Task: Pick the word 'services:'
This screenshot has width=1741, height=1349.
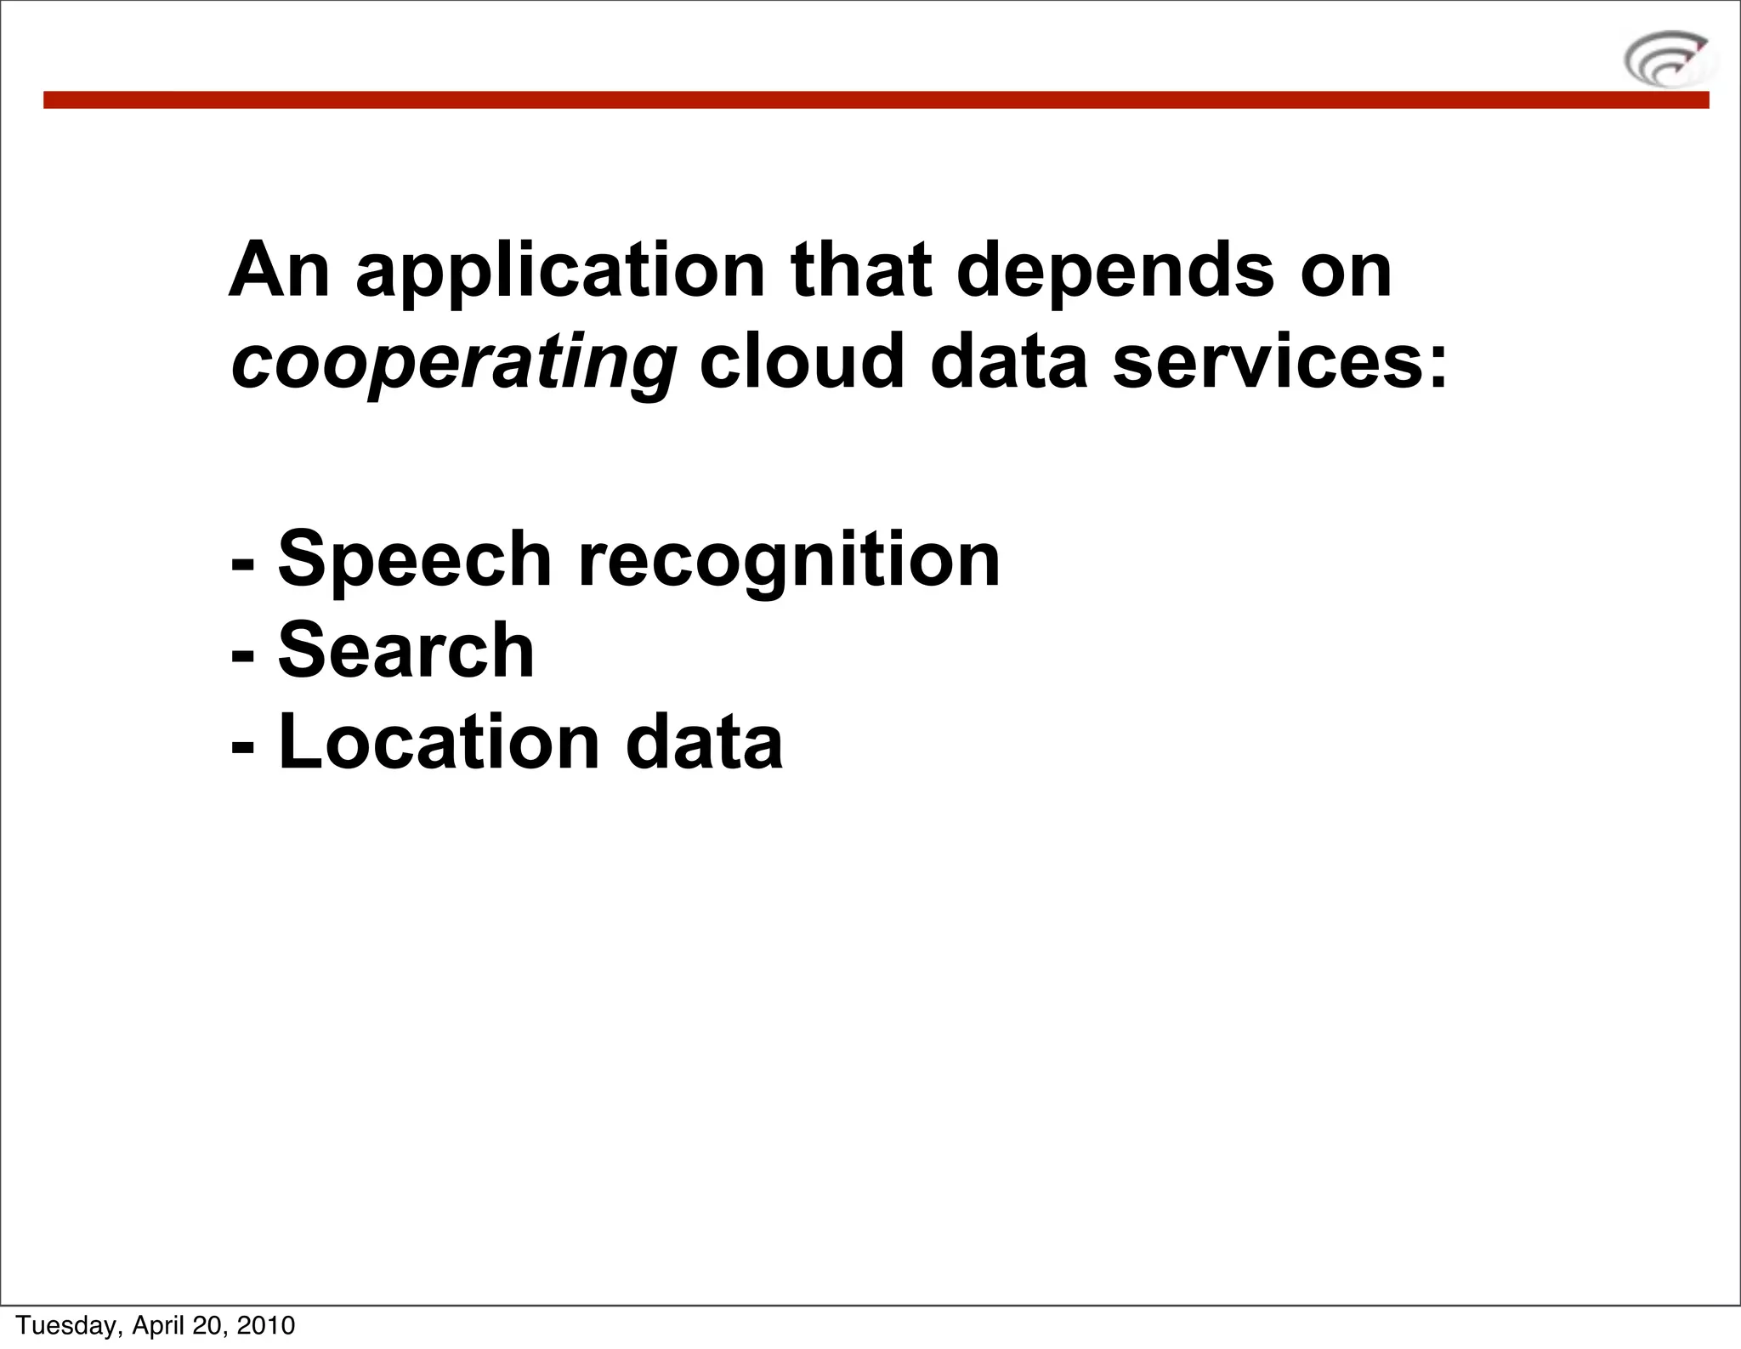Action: pyautogui.click(x=1279, y=363)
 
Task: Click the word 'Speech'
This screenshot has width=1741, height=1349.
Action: pyautogui.click(x=415, y=561)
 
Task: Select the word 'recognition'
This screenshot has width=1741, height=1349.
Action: pyautogui.click(x=789, y=563)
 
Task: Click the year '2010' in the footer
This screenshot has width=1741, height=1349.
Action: pyautogui.click(x=265, y=1325)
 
